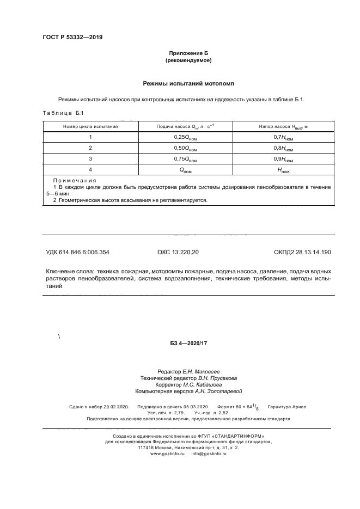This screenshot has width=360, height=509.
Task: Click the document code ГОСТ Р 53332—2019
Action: coord(72,37)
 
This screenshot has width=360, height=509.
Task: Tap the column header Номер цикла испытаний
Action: coord(90,126)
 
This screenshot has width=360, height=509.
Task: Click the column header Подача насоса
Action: coord(185,126)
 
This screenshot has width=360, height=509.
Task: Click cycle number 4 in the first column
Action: coord(90,169)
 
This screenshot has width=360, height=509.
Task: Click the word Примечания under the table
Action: coord(75,180)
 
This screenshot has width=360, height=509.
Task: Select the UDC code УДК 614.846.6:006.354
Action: coord(81,252)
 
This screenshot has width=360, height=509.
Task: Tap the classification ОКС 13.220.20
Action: coord(178,252)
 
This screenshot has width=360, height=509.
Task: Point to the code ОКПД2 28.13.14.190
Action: coord(302,252)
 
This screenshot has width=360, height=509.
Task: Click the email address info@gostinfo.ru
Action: coord(209,453)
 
